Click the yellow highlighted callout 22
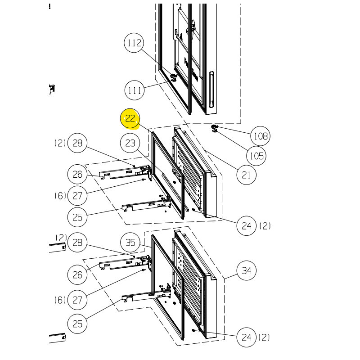[x=130, y=118]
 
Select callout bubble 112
[x=134, y=43]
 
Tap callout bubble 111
[x=135, y=90]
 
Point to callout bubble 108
[x=261, y=136]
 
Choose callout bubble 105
[x=256, y=156]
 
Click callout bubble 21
[x=246, y=175]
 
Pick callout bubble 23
[x=130, y=143]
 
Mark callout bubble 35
[x=130, y=243]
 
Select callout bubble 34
[x=246, y=270]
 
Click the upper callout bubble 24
[x=246, y=226]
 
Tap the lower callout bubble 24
[x=246, y=337]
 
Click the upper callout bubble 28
[x=77, y=143]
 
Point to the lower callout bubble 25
[x=77, y=324]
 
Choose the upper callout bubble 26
[x=77, y=174]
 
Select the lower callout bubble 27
[x=77, y=300]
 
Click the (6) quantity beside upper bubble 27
[x=60, y=196]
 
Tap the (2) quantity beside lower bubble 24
[x=264, y=337]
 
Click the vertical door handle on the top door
[x=211, y=89]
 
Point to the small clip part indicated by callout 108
[x=215, y=129]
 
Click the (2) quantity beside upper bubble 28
[x=60, y=143]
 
